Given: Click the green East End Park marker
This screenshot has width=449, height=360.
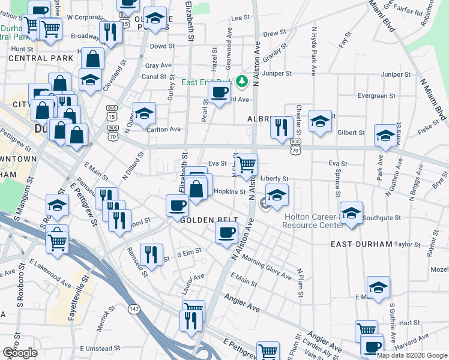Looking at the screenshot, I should click(242, 81).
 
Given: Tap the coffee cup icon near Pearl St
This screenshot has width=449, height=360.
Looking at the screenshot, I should click(219, 92).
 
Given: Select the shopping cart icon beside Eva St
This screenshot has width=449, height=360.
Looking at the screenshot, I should click(246, 164).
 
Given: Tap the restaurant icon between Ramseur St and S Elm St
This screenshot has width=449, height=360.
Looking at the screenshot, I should click(151, 254).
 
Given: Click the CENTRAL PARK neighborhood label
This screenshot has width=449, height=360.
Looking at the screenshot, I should click(33, 59).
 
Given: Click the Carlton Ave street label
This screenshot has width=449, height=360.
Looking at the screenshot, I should click(164, 129).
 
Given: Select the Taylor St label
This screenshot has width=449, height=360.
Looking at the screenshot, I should click(408, 245).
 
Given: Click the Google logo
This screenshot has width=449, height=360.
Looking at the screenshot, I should click(20, 353).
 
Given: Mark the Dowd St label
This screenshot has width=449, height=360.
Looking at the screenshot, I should click(162, 46).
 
